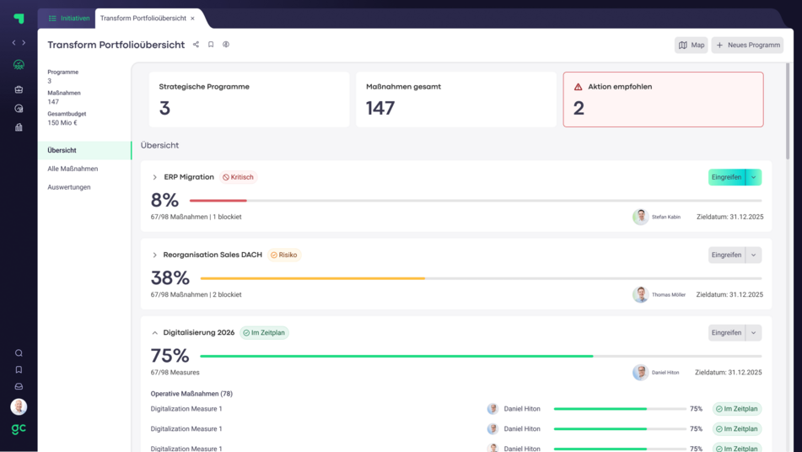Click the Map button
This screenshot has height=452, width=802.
[x=691, y=45]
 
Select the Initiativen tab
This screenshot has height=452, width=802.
[x=69, y=18]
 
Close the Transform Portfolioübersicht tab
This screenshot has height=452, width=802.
[x=192, y=19]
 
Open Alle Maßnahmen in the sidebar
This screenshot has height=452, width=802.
[x=73, y=169]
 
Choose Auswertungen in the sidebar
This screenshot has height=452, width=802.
[x=69, y=187]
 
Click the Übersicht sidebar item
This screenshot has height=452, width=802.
[x=62, y=150]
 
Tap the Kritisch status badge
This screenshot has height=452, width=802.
[x=238, y=177]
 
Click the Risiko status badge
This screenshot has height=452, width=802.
[x=283, y=255]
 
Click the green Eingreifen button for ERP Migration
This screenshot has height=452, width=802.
[x=726, y=177]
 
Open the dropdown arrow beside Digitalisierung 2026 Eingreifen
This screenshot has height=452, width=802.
[x=754, y=333]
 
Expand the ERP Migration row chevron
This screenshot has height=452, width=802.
[x=154, y=177]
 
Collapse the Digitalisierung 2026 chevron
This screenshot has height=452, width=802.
[x=154, y=333]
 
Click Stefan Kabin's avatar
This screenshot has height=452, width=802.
[x=640, y=217]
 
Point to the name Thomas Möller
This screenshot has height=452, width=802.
[x=669, y=295]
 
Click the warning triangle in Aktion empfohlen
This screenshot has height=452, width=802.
[x=578, y=87]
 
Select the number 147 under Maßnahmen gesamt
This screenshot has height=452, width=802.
[x=380, y=108]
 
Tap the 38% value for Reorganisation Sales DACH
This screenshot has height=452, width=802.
[x=170, y=278]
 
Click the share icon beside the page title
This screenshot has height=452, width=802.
[x=196, y=45]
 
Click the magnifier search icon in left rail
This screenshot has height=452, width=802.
[x=19, y=353]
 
